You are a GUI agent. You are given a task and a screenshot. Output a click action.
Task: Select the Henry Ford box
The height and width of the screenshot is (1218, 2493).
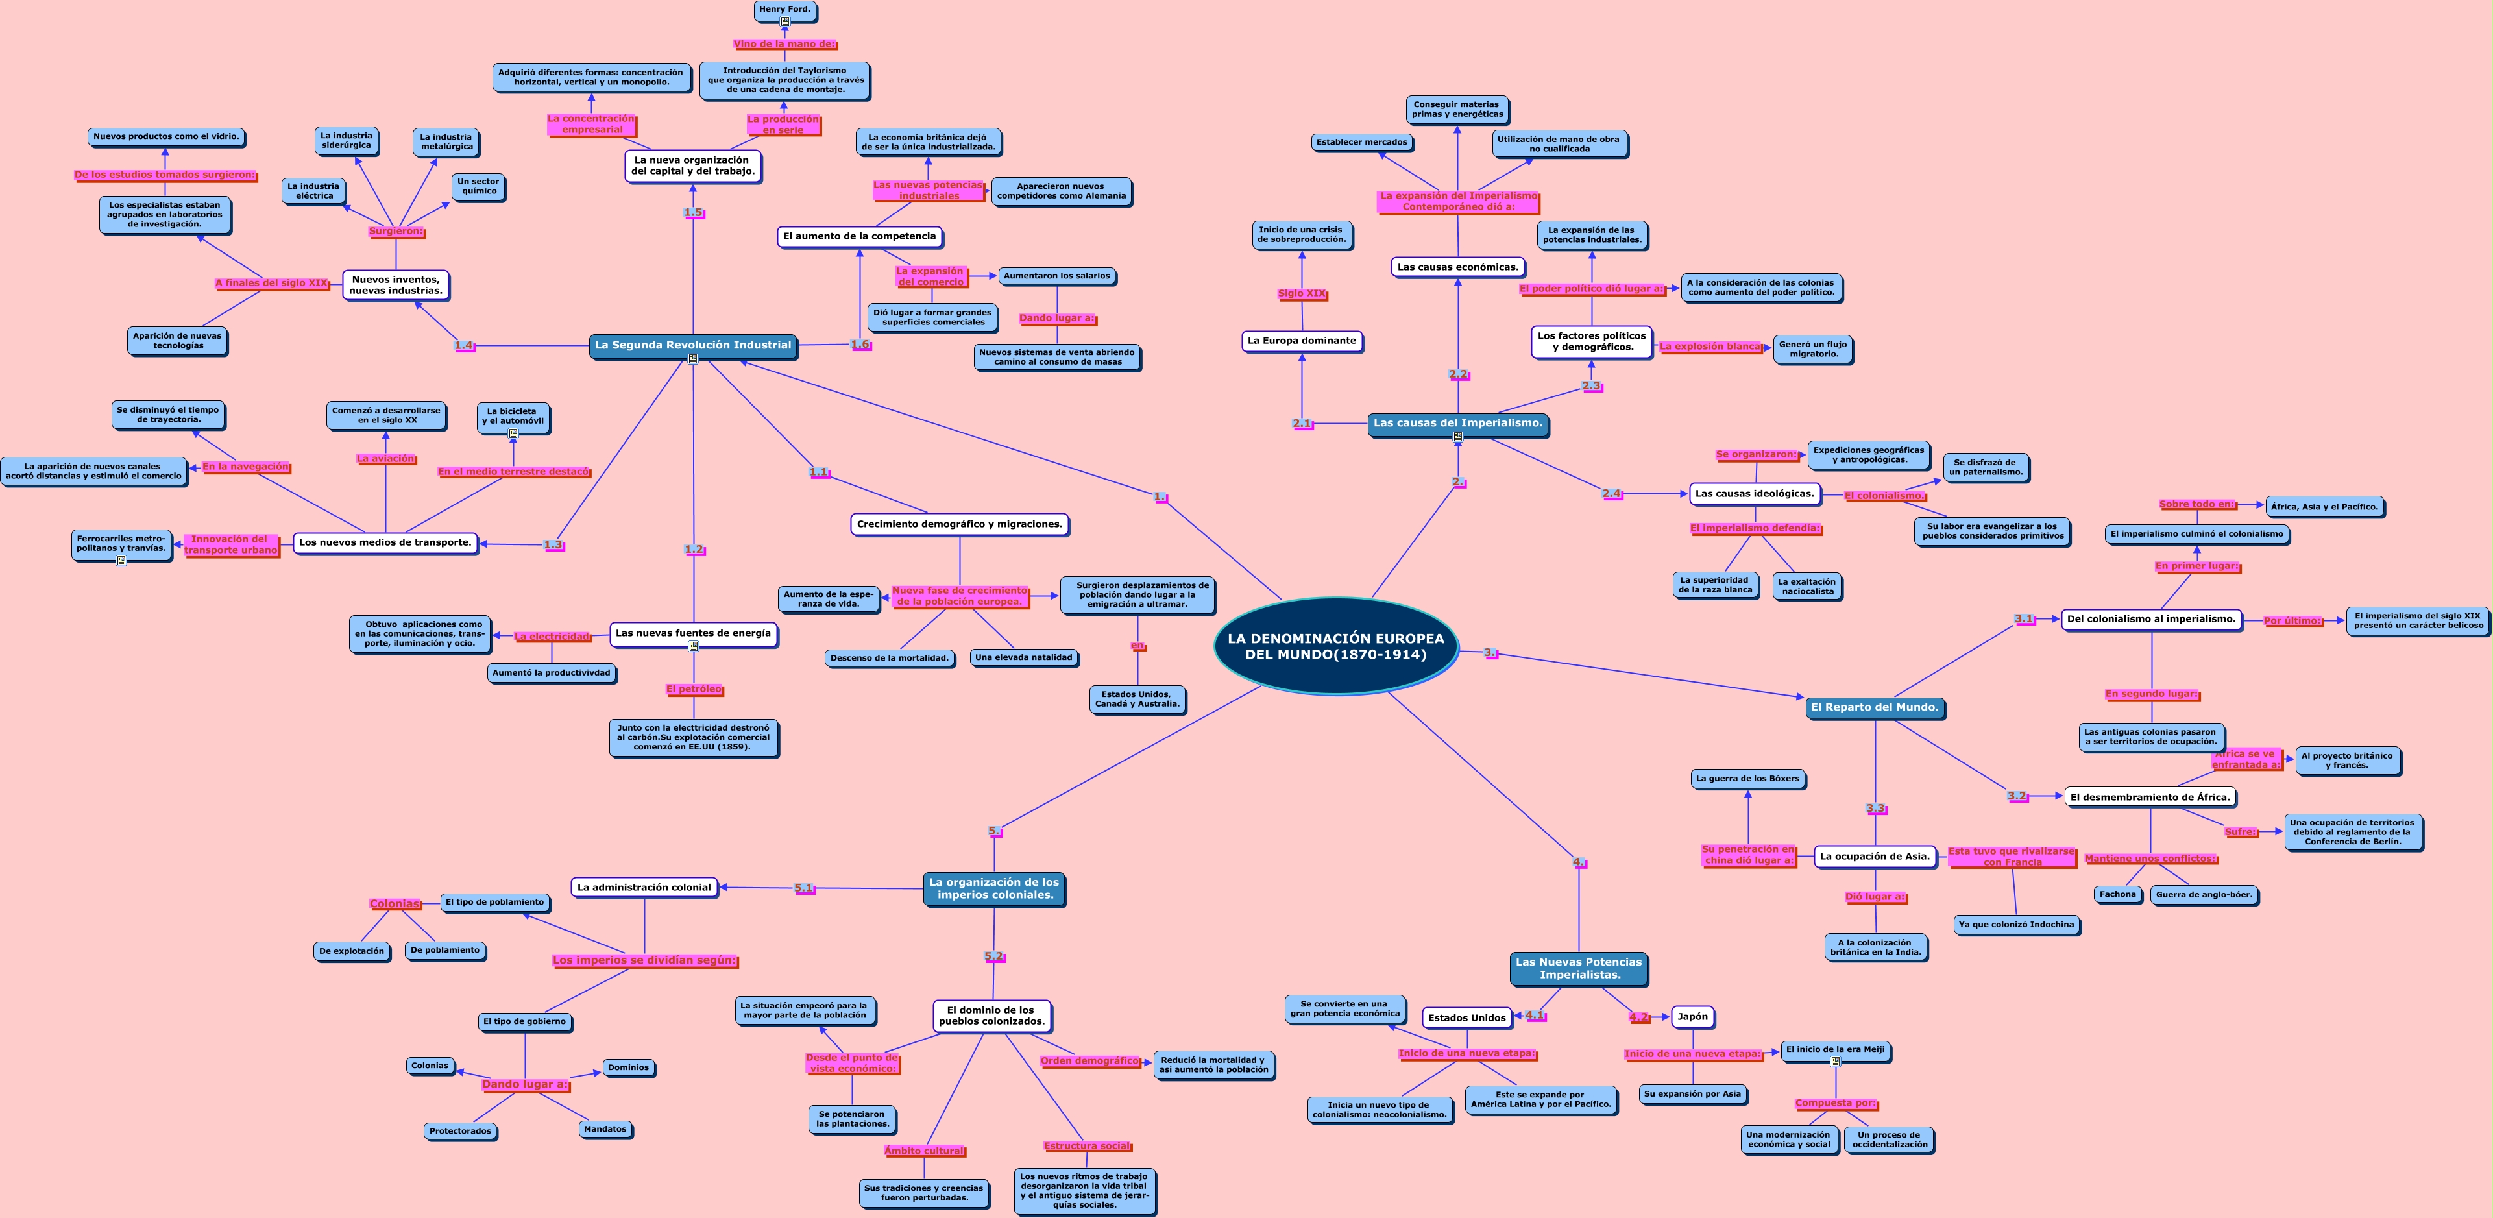tap(785, 10)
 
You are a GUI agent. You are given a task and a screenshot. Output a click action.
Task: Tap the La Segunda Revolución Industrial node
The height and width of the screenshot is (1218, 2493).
tap(693, 345)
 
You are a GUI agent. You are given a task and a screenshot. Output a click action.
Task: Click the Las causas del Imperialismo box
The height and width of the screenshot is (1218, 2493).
tap(1457, 423)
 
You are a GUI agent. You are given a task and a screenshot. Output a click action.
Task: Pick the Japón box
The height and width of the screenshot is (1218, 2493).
tap(1693, 1017)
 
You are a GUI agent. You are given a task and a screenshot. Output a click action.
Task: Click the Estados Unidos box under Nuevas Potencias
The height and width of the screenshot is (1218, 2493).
tap(1467, 1017)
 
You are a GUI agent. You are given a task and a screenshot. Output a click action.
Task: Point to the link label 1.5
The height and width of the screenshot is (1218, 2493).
tap(693, 213)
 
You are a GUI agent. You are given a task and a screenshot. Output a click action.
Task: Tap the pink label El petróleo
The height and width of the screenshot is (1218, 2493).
tap(694, 689)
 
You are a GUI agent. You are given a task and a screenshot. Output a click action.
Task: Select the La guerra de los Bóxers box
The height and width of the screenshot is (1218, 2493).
tap(1748, 779)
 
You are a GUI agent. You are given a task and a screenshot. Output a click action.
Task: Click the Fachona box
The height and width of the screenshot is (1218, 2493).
tap(2117, 895)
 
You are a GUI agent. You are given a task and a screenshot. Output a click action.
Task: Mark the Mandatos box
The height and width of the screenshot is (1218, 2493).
tap(605, 1129)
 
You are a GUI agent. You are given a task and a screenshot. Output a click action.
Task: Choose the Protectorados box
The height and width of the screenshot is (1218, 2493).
tap(461, 1131)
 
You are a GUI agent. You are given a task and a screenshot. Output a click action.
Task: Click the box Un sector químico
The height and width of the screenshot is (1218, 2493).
tap(478, 186)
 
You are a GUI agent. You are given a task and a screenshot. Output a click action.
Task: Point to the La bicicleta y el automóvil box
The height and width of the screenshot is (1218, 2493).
tap(513, 417)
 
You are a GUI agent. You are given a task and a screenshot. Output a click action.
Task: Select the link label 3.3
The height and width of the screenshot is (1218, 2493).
tap(1875, 809)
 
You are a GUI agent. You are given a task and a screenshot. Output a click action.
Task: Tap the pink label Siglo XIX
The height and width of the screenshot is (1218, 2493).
tap(1302, 293)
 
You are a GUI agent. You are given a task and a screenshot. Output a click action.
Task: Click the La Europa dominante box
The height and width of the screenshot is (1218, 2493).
tap(1302, 341)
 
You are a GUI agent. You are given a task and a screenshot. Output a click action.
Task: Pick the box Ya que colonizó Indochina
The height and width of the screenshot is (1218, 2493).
tap(2016, 925)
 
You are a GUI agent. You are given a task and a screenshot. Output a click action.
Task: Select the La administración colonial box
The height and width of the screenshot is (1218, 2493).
tap(644, 887)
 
